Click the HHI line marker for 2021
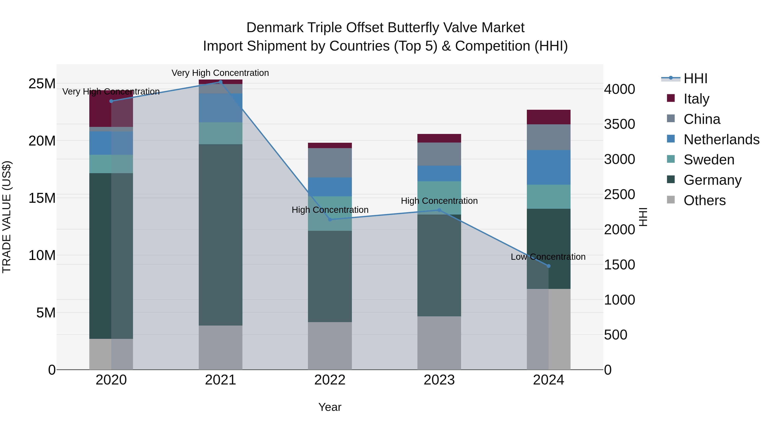pyautogui.click(x=221, y=82)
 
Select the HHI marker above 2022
pyautogui.click(x=330, y=219)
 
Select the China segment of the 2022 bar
pyautogui.click(x=330, y=163)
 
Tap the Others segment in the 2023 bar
pyautogui.click(x=439, y=343)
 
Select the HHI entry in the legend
pyautogui.click(x=695, y=78)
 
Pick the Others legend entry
pyautogui.click(x=704, y=200)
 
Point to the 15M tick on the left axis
pyautogui.click(x=42, y=198)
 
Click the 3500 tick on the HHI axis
pyautogui.click(x=619, y=124)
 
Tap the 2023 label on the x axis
pyautogui.click(x=439, y=380)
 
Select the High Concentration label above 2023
pyautogui.click(x=439, y=201)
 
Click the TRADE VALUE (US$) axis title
pyautogui.click(x=7, y=217)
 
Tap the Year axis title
pyautogui.click(x=330, y=407)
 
